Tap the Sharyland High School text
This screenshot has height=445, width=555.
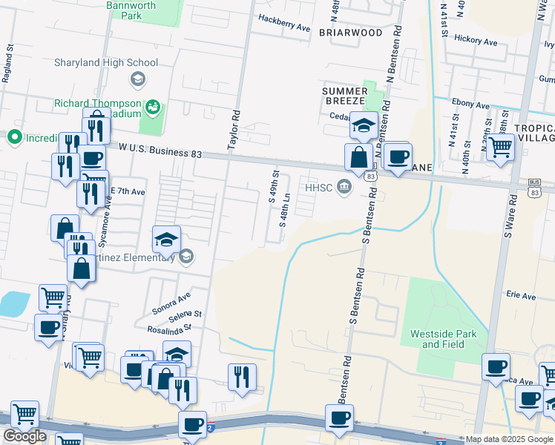point(106,63)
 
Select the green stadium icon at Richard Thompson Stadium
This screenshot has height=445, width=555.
point(154,108)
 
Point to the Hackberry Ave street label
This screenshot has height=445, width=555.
point(284,27)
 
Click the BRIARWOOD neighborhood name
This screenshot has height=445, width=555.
point(350,33)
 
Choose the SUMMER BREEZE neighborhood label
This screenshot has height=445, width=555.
point(344,96)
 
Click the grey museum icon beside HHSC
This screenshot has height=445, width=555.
point(344,187)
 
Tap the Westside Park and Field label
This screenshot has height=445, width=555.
point(443,339)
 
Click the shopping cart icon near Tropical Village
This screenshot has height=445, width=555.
point(501,146)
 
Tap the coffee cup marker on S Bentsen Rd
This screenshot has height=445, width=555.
point(339,417)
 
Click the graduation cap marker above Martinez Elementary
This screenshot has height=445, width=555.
point(167,239)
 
